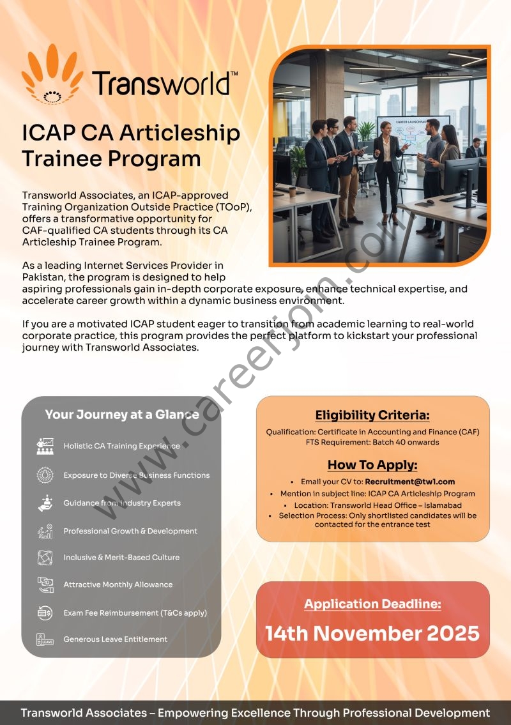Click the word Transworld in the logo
pos(161,84)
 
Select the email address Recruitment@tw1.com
pos(410,482)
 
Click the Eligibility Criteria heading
pos(372,415)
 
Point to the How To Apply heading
pos(372,464)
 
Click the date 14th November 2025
pos(372,633)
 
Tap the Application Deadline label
pos(372,604)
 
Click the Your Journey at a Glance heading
pos(122,415)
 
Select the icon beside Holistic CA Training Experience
pos(45,446)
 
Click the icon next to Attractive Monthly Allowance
pos(45,584)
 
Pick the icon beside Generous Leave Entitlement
pos(45,639)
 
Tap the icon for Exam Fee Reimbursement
pos(45,613)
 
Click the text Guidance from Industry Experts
pos(122,503)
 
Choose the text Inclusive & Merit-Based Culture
pos(121,558)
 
